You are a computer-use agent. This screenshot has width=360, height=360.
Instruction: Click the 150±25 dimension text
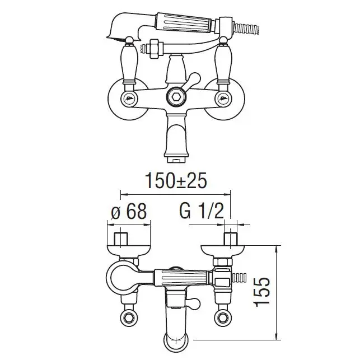click(x=176, y=181)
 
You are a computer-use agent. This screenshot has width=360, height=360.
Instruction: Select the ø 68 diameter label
click(x=129, y=212)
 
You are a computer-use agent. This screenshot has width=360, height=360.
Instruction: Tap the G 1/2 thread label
click(x=202, y=212)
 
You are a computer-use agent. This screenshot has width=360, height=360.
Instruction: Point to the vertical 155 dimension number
click(x=261, y=292)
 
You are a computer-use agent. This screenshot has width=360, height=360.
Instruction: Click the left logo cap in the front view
click(x=129, y=99)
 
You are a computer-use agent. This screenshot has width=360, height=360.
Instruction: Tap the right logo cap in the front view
click(x=223, y=99)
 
